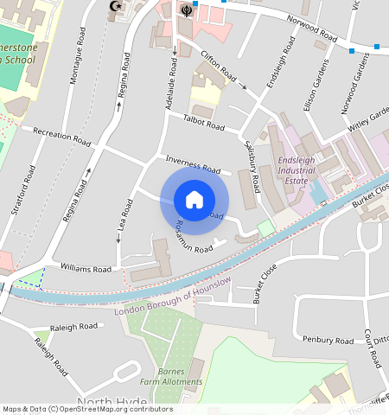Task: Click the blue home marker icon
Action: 194,201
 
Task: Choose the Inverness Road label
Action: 194,164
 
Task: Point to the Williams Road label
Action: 86,269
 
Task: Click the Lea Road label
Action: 125,220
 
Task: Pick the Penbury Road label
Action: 329,339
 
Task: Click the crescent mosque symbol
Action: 114,7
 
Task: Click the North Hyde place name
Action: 112,403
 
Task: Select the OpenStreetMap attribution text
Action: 87,410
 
